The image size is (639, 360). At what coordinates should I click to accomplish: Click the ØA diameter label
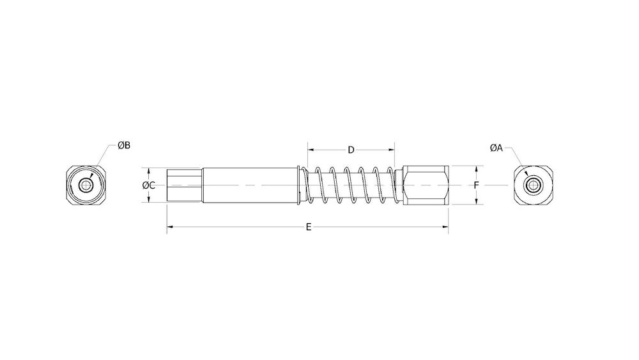pyautogui.click(x=497, y=148)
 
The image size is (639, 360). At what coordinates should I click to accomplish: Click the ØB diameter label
pyautogui.click(x=124, y=145)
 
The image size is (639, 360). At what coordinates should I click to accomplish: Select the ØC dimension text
pyautogui.click(x=148, y=185)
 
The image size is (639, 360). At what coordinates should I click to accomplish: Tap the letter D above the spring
pyautogui.click(x=351, y=150)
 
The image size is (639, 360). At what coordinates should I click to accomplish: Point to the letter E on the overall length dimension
pyautogui.click(x=309, y=227)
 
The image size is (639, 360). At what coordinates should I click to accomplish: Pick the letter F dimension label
pyautogui.click(x=477, y=185)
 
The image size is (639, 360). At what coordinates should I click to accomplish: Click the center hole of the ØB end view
pyautogui.click(x=85, y=185)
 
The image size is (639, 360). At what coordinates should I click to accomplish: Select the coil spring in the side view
pyautogui.click(x=351, y=185)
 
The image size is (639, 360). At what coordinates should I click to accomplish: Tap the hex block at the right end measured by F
pyautogui.click(x=425, y=185)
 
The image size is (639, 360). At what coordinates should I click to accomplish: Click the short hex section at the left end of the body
pyautogui.click(x=184, y=185)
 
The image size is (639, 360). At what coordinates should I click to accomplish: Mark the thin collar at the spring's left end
pyautogui.click(x=301, y=185)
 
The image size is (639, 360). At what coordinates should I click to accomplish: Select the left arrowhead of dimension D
pyautogui.click(x=311, y=150)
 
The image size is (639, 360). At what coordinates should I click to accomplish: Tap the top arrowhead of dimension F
pyautogui.click(x=477, y=169)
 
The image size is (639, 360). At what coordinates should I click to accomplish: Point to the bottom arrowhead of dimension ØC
pyautogui.click(x=148, y=201)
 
